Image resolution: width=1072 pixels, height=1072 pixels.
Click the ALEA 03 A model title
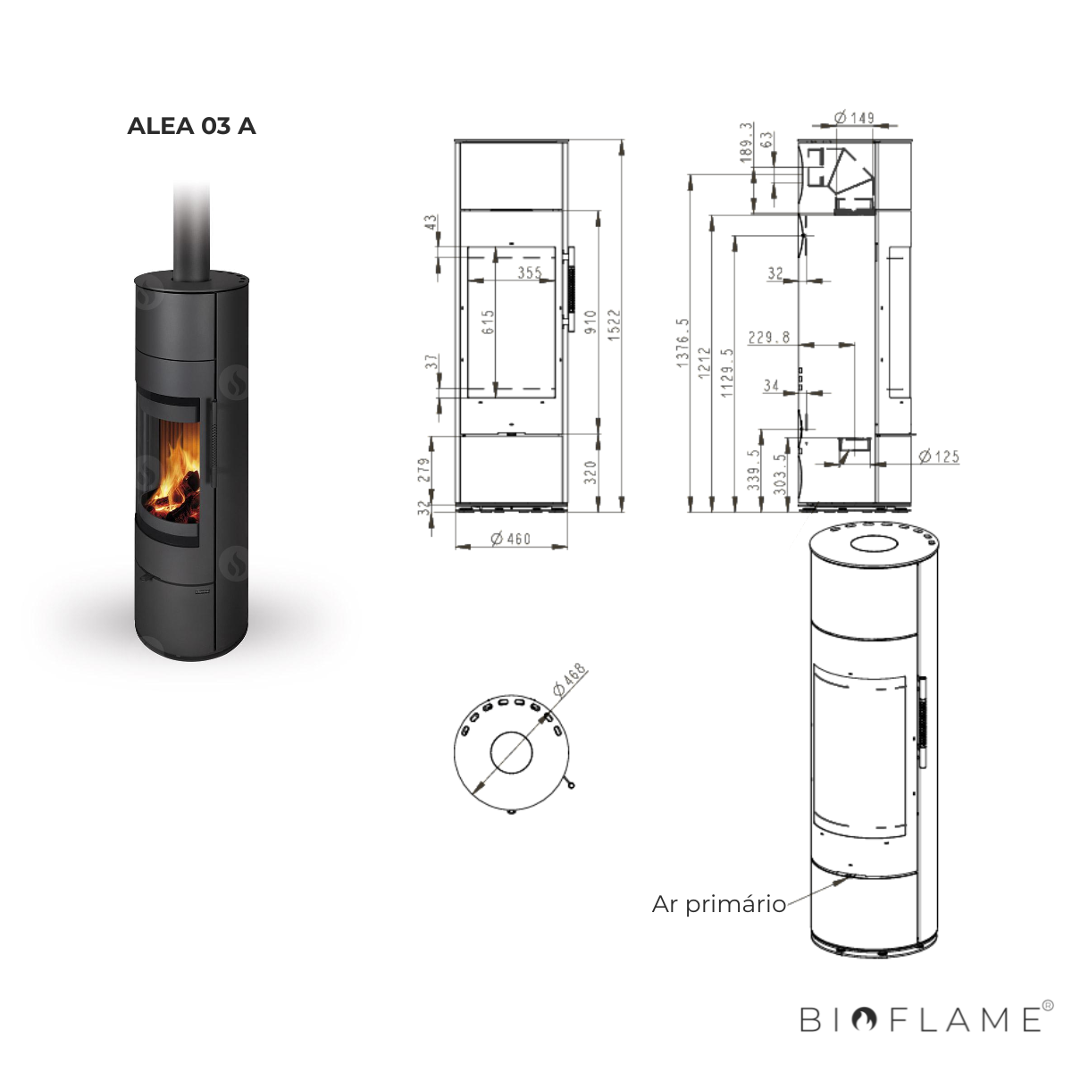coord(191,126)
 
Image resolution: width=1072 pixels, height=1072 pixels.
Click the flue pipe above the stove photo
coord(191,228)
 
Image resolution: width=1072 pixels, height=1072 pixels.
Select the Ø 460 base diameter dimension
coord(511,539)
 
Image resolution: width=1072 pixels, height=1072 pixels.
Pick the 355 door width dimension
coord(529,272)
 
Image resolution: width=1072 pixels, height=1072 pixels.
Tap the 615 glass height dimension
coord(488,322)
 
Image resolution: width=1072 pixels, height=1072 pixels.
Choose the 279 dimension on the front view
coord(424,470)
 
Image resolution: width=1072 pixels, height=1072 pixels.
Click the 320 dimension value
coord(590,472)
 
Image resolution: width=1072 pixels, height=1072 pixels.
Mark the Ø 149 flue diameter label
coord(853,118)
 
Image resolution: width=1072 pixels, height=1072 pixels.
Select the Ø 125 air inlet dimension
coord(938,456)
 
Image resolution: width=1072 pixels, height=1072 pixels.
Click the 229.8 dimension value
coord(769,337)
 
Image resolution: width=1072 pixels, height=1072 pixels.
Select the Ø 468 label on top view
coord(569,680)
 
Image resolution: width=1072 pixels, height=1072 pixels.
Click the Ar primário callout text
coord(718,904)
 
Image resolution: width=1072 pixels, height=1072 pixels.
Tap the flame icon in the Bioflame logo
coord(863,1019)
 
